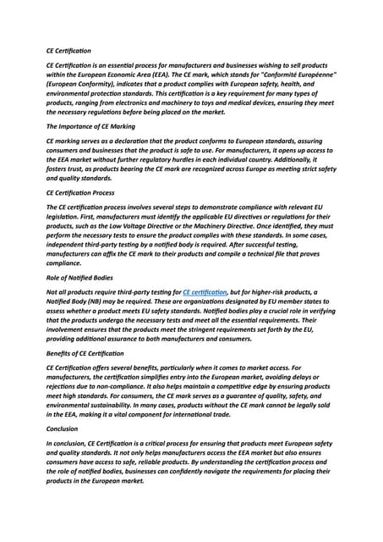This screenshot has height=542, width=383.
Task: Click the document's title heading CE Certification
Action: coord(68,51)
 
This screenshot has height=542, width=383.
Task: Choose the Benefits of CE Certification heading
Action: coord(85,352)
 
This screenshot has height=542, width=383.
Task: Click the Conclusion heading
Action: coord(63,429)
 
